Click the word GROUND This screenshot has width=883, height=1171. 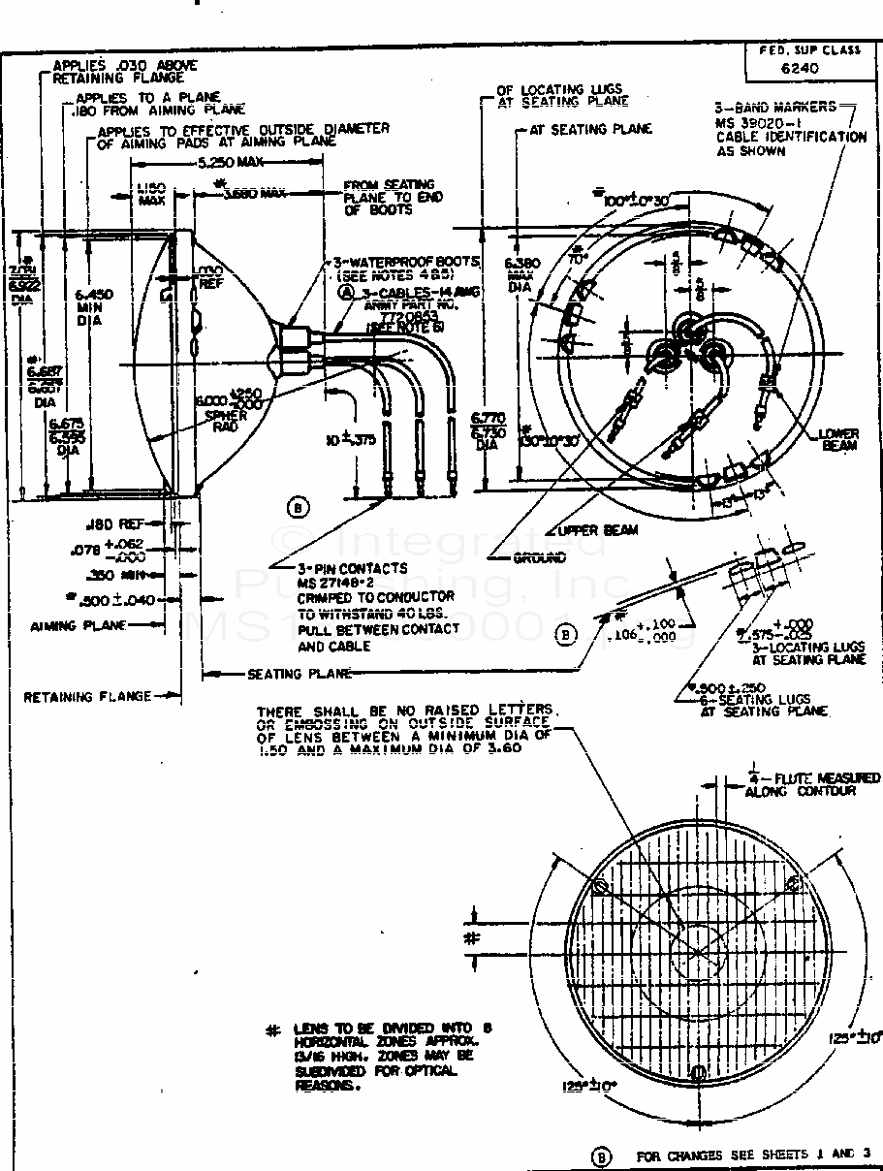540,558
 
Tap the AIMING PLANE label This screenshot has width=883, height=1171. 79,625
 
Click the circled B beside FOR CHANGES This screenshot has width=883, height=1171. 601,1156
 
